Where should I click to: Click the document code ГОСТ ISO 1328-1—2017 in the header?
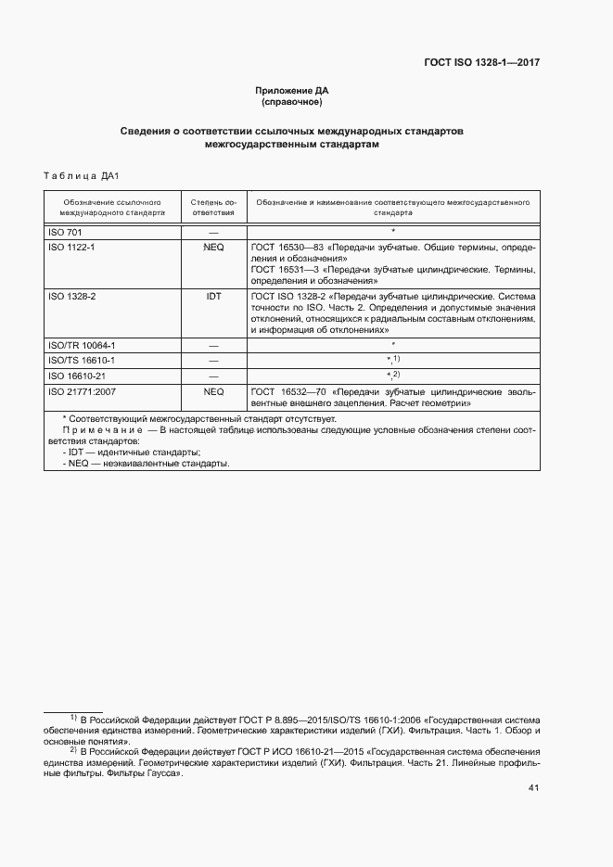(x=481, y=63)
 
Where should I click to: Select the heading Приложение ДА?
(x=292, y=90)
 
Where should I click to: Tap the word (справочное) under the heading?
(x=292, y=102)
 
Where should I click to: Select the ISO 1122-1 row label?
(x=71, y=248)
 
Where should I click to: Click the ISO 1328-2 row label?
(x=71, y=296)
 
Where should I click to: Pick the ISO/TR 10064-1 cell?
(x=81, y=345)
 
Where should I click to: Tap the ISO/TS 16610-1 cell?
(x=81, y=360)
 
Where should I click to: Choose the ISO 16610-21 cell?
(x=76, y=376)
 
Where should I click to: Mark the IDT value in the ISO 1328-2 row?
(x=213, y=296)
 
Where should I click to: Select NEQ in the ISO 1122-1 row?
(x=213, y=248)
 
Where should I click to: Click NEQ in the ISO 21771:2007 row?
(x=213, y=391)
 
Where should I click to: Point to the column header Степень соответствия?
(x=213, y=207)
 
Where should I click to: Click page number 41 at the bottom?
(x=533, y=788)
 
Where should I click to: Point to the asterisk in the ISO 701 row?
(x=393, y=230)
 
